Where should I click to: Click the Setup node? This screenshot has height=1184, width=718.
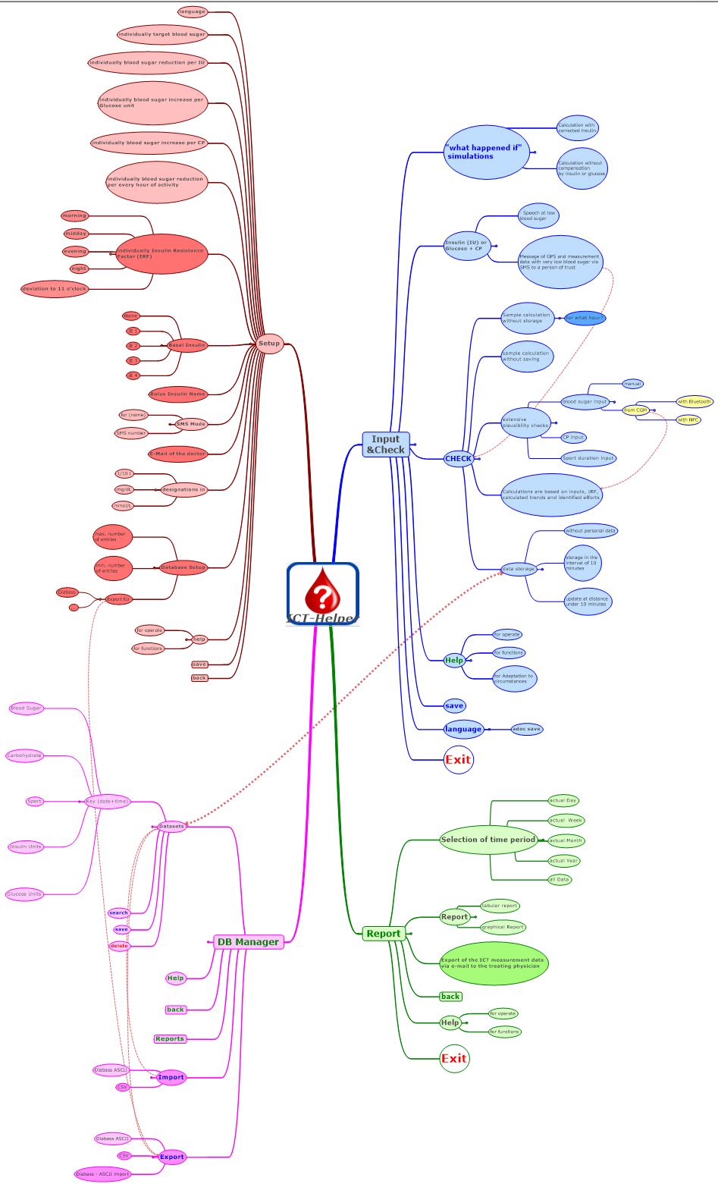pyautogui.click(x=269, y=344)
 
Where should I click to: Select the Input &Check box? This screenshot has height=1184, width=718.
pyautogui.click(x=385, y=444)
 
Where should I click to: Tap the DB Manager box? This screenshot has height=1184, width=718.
pyautogui.click(x=248, y=942)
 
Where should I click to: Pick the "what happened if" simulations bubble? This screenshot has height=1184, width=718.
pyautogui.click(x=486, y=152)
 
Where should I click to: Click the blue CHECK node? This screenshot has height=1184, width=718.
pyautogui.click(x=458, y=459)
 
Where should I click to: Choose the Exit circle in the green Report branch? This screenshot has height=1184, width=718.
pyautogui.click(x=455, y=1059)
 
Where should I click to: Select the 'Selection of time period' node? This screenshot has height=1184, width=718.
pyautogui.click(x=488, y=840)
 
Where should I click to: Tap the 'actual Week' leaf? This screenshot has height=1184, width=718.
pyautogui.click(x=566, y=821)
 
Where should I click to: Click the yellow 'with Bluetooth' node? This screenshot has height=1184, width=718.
pyautogui.click(x=694, y=402)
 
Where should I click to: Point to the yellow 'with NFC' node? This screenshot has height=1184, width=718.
pyautogui.click(x=688, y=420)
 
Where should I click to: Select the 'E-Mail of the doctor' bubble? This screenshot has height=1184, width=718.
pyautogui.click(x=177, y=454)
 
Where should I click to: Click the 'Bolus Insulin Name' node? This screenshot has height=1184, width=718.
pyautogui.click(x=177, y=394)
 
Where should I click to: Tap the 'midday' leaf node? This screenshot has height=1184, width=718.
pyautogui.click(x=76, y=234)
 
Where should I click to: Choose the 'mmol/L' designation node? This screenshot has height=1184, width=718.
pyautogui.click(x=123, y=506)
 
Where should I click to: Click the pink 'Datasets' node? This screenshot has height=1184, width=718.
pyautogui.click(x=172, y=826)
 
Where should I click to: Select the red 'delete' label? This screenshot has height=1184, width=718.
pyautogui.click(x=119, y=946)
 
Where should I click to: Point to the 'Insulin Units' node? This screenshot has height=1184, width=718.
pyautogui.click(x=26, y=846)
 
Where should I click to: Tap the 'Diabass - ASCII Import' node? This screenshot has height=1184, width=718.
pyautogui.click(x=103, y=1174)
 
